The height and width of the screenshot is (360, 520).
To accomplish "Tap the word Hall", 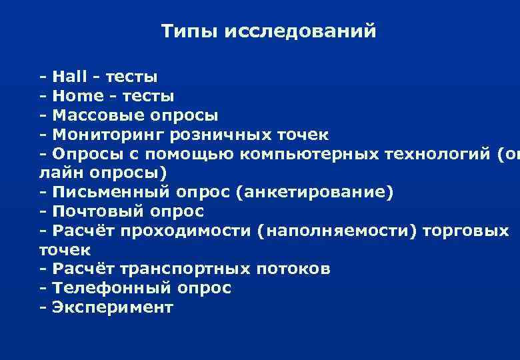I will (x=68, y=77).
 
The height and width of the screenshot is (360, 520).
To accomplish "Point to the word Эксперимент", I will (x=112, y=307).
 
